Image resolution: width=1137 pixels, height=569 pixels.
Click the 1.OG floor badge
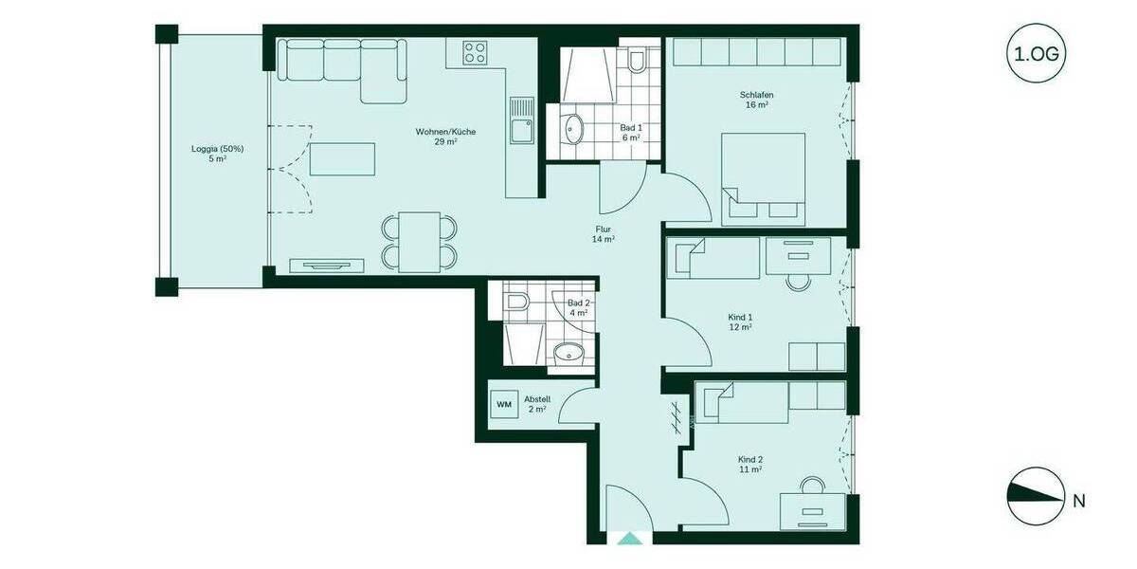point(1037,55)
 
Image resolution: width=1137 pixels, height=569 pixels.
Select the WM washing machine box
point(503,404)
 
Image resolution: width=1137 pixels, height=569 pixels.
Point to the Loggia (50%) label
point(218,154)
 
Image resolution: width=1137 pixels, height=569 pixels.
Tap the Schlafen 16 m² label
point(755,100)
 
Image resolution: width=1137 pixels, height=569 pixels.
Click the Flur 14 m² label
point(604,234)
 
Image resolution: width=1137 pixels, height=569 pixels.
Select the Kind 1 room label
point(740,321)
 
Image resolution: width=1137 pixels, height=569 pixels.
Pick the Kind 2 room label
point(750,464)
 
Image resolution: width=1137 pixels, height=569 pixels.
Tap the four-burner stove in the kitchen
point(475,53)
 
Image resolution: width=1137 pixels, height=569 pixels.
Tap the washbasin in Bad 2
point(568,353)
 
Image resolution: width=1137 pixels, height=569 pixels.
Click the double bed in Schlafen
point(764,178)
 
